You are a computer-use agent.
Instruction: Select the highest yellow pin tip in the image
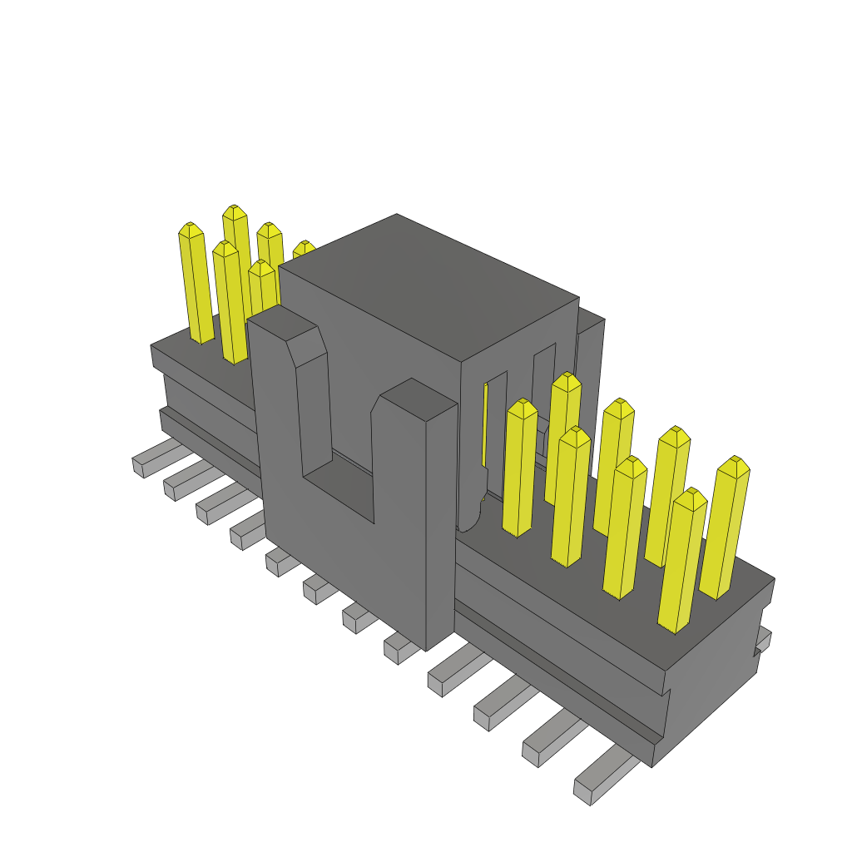[x=235, y=211]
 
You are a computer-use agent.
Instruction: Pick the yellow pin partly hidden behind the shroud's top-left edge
[x=303, y=249]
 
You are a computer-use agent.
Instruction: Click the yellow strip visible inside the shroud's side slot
[x=485, y=424]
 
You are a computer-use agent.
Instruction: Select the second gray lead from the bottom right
[x=549, y=743]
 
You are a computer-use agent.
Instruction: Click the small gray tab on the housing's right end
[x=763, y=641]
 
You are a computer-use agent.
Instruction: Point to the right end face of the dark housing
[x=716, y=682]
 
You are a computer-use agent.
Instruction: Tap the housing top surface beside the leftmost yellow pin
[x=179, y=349]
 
